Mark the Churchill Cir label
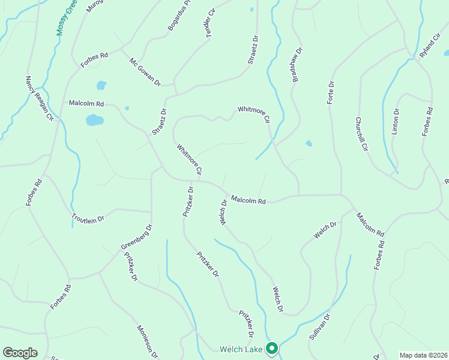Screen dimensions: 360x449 (361, 134)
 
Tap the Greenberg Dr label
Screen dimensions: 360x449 (137, 238)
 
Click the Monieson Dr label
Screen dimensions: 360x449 (147, 341)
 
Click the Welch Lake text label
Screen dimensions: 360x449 (241, 349)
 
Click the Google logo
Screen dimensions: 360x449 (19, 353)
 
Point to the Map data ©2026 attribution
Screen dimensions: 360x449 (423, 355)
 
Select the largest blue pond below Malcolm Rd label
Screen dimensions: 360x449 (94, 120)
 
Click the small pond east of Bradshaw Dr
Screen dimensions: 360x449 (309, 143)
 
